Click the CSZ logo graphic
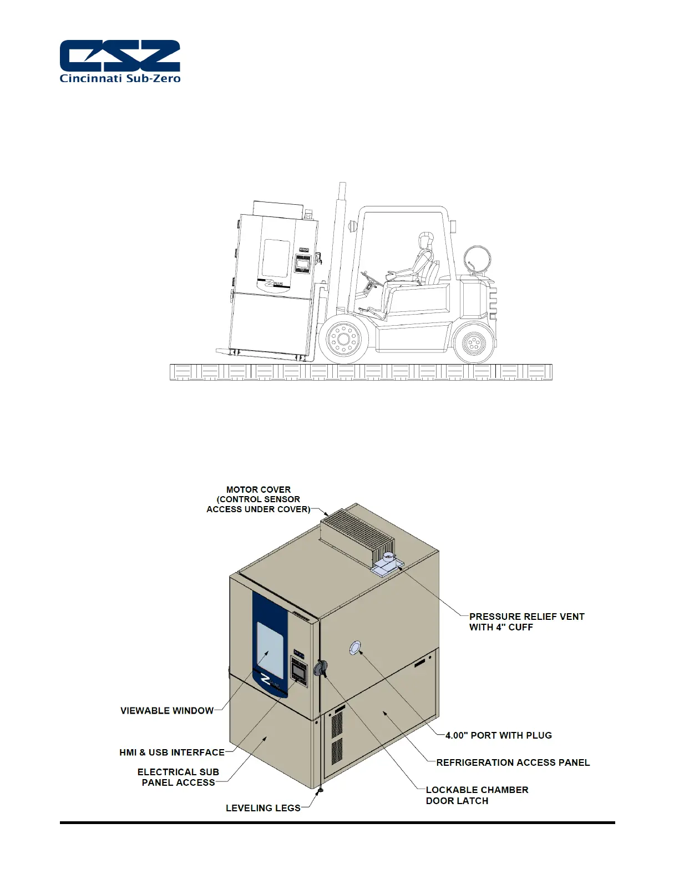[120, 55]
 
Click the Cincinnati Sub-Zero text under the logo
[120, 78]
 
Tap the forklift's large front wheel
[343, 338]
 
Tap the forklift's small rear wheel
[473, 344]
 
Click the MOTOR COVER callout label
[259, 499]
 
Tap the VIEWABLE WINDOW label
[167, 710]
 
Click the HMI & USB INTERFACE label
[172, 752]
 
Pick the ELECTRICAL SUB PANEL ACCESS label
[178, 777]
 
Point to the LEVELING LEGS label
[263, 808]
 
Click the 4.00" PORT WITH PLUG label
[499, 735]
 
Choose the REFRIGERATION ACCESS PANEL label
[513, 762]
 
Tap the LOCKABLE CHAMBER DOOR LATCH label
[477, 795]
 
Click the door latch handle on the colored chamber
[320, 669]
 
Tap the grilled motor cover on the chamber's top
[358, 534]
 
